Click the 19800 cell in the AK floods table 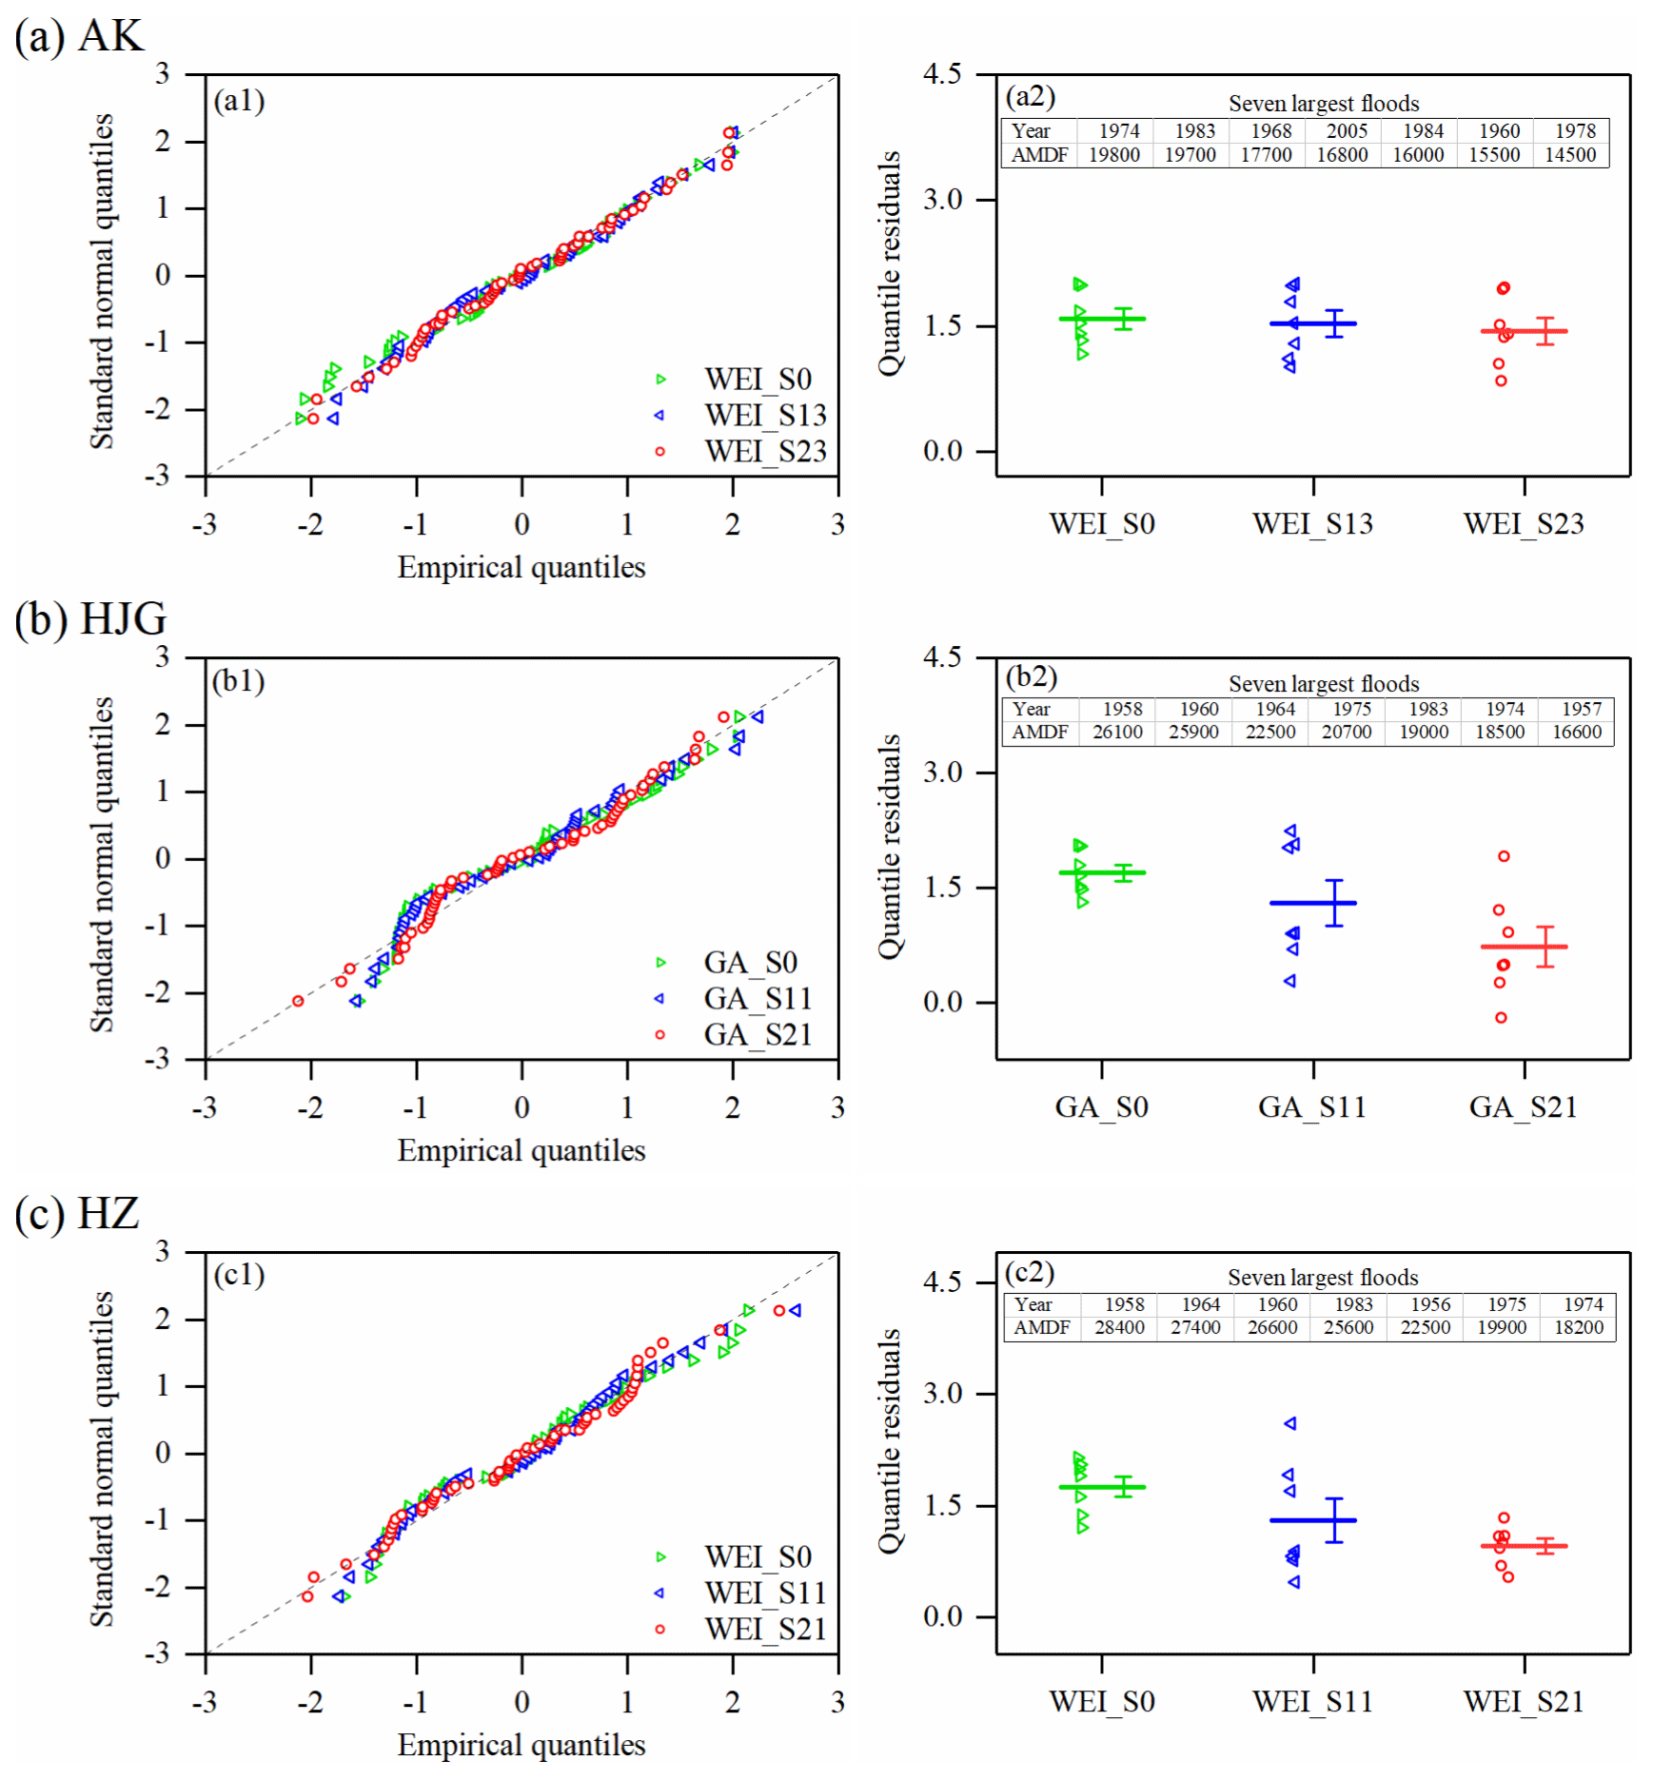pyautogui.click(x=1113, y=155)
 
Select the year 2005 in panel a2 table pyautogui.click(x=1347, y=131)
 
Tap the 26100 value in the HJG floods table pyautogui.click(x=1117, y=732)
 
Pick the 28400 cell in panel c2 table pyautogui.click(x=1119, y=1327)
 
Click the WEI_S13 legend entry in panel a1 pyautogui.click(x=764, y=416)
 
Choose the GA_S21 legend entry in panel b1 pyautogui.click(x=758, y=1035)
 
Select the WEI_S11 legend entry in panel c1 pyautogui.click(x=764, y=1593)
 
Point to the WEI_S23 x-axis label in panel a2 pyautogui.click(x=1524, y=524)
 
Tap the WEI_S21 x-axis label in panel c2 pyautogui.click(x=1524, y=1702)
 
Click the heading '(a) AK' pyautogui.click(x=78, y=36)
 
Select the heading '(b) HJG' pyautogui.click(x=90, y=619)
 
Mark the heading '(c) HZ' pyautogui.click(x=77, y=1214)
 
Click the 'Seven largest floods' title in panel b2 pyautogui.click(x=1323, y=684)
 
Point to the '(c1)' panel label pyautogui.click(x=238, y=1275)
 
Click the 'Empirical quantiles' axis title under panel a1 pyautogui.click(x=521, y=568)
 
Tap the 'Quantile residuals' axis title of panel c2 pyautogui.click(x=889, y=1440)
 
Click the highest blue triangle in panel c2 pyautogui.click(x=1290, y=1423)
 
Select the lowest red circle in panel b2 pyautogui.click(x=1501, y=1018)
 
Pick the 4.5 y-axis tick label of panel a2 pyautogui.click(x=942, y=75)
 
